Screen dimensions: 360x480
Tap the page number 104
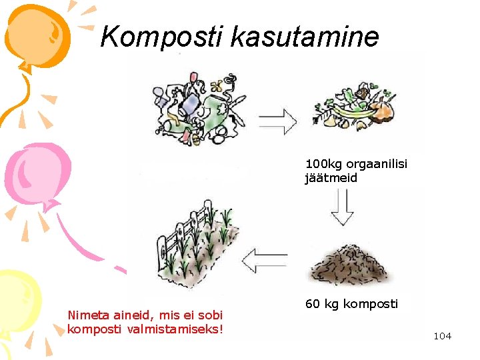(x=442, y=336)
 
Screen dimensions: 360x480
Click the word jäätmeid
(x=331, y=178)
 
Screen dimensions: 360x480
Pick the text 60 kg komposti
(x=351, y=304)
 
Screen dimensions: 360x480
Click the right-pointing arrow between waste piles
(x=277, y=121)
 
